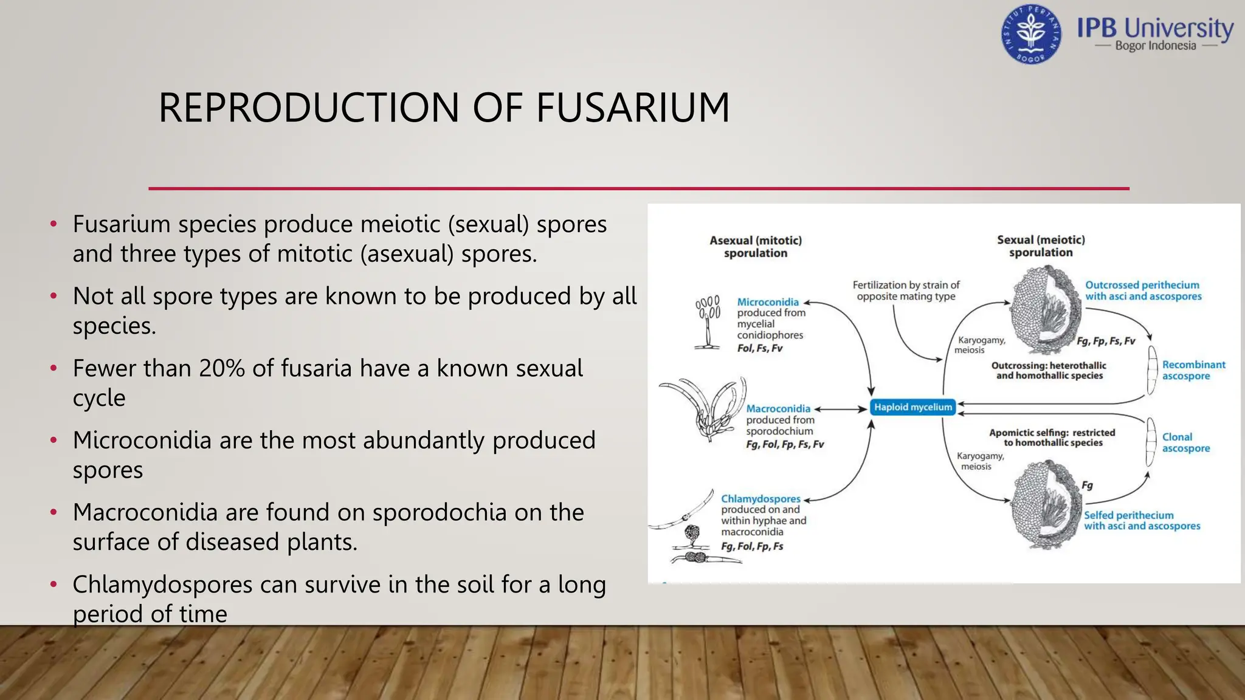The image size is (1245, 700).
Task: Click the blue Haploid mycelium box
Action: [x=912, y=407]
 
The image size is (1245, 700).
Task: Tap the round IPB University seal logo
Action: [x=1031, y=35]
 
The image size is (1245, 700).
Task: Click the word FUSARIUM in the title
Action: [x=632, y=108]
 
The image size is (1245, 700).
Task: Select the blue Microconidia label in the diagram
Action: [x=768, y=302]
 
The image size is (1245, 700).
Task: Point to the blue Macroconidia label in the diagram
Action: [x=778, y=409]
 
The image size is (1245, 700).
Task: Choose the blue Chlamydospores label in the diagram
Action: [x=760, y=499]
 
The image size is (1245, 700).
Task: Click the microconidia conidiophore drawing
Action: [x=708, y=323]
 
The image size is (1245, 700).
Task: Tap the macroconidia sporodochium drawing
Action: [x=705, y=407]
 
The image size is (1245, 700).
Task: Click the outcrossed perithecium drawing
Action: [x=1045, y=309]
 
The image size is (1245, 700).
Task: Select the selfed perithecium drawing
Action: [x=1046, y=504]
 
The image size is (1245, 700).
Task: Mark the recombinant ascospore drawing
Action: [x=1152, y=370]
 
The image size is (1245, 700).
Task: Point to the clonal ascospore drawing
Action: [x=1151, y=442]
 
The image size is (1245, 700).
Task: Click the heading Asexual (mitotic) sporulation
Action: [x=756, y=247]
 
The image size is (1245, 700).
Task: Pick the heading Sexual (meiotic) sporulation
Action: [x=1041, y=246]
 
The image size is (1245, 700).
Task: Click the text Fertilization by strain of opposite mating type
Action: [x=906, y=290]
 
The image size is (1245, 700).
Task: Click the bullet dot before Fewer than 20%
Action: [x=54, y=368]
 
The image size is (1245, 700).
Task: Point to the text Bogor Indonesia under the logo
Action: [x=1155, y=46]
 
